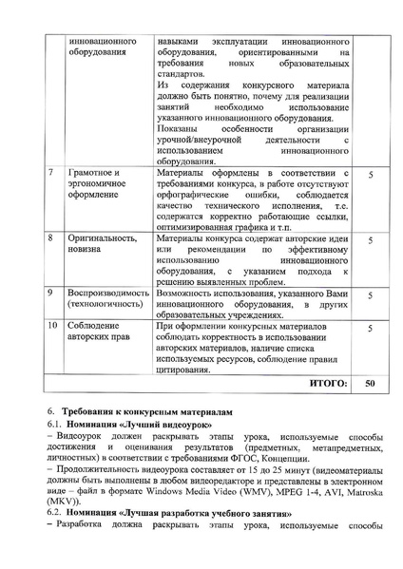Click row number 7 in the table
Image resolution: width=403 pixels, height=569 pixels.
pos(49,175)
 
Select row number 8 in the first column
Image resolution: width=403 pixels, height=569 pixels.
pos(49,234)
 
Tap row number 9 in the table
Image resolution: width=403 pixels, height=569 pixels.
pos(49,294)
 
